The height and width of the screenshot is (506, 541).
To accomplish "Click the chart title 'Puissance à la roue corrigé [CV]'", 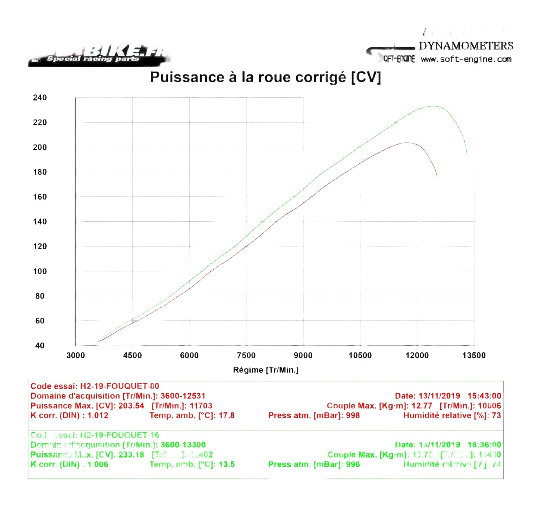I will pos(265,77).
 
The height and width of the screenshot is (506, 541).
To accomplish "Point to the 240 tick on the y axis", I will pos(40,98).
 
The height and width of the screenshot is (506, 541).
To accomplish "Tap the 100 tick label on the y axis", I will pos(40,271).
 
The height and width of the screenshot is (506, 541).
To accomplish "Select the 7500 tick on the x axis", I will pos(246,355).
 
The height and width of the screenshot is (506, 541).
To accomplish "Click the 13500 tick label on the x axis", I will pos(474,355).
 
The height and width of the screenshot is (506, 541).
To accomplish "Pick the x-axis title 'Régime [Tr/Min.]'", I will pos(266,370).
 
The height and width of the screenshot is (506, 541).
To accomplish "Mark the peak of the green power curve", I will pos(433,106).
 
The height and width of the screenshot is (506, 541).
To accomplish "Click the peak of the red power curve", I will pos(406,143).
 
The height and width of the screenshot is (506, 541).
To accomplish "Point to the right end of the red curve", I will pos(437,176).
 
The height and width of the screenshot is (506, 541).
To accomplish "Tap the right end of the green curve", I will pos(466,152).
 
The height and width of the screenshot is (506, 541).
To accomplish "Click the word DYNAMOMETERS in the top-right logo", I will pos(466,46).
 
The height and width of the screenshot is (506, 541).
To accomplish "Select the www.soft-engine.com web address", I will pos(466,59).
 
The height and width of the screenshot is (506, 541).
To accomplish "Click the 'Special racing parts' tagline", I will pos(93,59).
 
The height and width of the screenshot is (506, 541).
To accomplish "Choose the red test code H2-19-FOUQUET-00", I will pos(119,386).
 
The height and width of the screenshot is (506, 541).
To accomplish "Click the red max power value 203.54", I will pos(131,406).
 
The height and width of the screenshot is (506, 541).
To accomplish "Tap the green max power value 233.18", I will pos(131,455).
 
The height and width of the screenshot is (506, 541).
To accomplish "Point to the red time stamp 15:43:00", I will pos(484,396).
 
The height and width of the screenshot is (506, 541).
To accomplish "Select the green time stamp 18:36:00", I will pos(484,445).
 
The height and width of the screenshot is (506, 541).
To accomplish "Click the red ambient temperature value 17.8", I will pos(227,415).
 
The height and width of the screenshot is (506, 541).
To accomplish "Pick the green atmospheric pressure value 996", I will pos(353,464).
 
